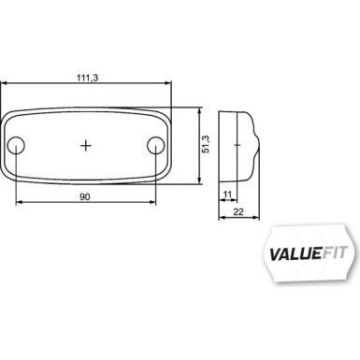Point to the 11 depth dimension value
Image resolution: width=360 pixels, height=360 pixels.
[x=227, y=194]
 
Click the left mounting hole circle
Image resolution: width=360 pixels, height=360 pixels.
[x=18, y=145]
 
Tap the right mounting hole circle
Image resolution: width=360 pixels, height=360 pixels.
[x=156, y=145]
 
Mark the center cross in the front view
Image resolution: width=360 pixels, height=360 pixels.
[x=87, y=145]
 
